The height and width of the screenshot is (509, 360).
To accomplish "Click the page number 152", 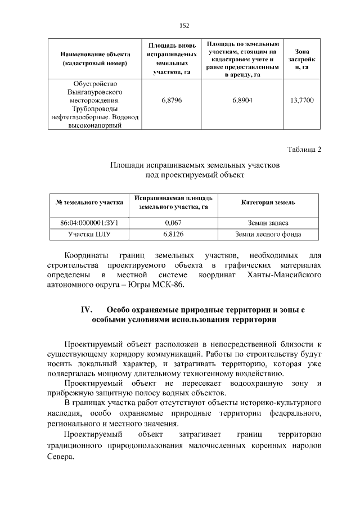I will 183,25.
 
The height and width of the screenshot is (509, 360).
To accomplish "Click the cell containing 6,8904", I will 242,101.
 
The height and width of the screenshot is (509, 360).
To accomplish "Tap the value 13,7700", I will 302,101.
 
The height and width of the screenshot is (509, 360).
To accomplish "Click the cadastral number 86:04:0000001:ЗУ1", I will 89,223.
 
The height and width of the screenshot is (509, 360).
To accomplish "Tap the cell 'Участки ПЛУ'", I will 89,234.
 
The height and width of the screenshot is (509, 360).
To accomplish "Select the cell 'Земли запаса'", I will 268,223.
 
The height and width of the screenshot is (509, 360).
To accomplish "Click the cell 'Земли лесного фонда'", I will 268,234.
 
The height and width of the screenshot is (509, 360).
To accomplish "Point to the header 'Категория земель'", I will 268,202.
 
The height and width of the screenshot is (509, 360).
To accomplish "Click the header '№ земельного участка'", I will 89,202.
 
